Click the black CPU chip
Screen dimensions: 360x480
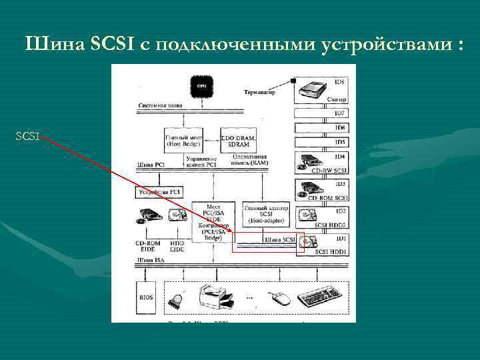point(200,86)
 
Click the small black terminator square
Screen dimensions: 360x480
point(293,81)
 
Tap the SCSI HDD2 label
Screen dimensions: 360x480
point(330,225)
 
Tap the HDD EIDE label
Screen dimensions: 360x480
point(177,246)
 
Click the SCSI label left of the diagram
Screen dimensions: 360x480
point(28,137)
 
